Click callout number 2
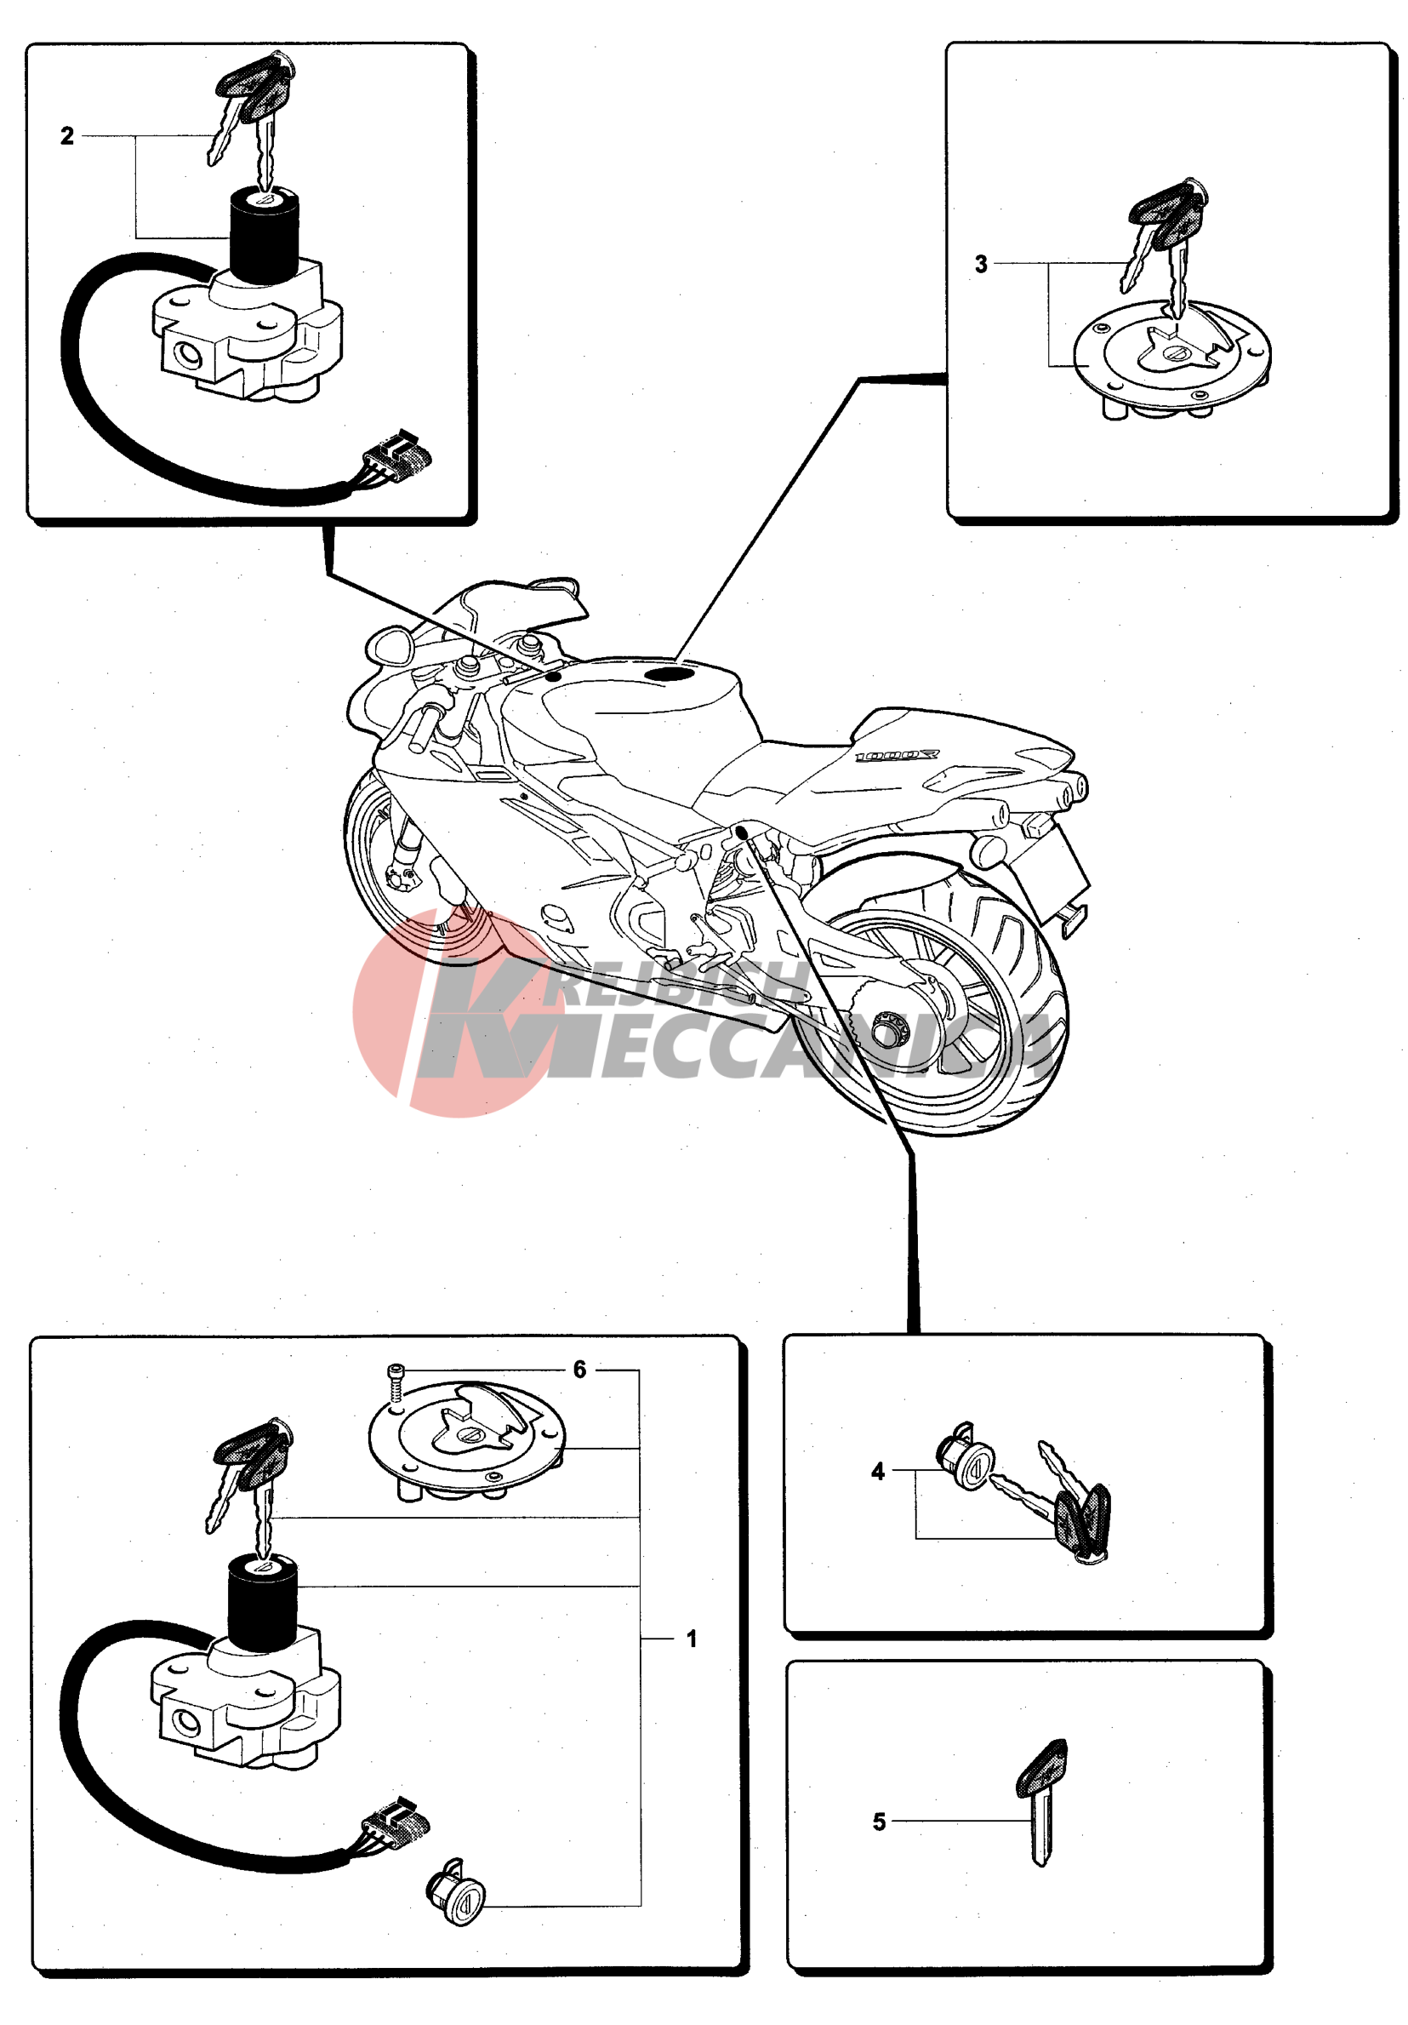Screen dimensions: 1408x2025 pos(67,136)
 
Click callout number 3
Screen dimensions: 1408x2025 pos(980,264)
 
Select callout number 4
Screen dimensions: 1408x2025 pos(877,1471)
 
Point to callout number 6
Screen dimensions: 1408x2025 pos(579,1370)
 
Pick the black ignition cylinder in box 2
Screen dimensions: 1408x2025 pos(265,236)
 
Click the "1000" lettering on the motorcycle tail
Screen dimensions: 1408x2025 pos(898,756)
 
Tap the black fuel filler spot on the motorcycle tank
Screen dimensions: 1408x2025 pos(670,675)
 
